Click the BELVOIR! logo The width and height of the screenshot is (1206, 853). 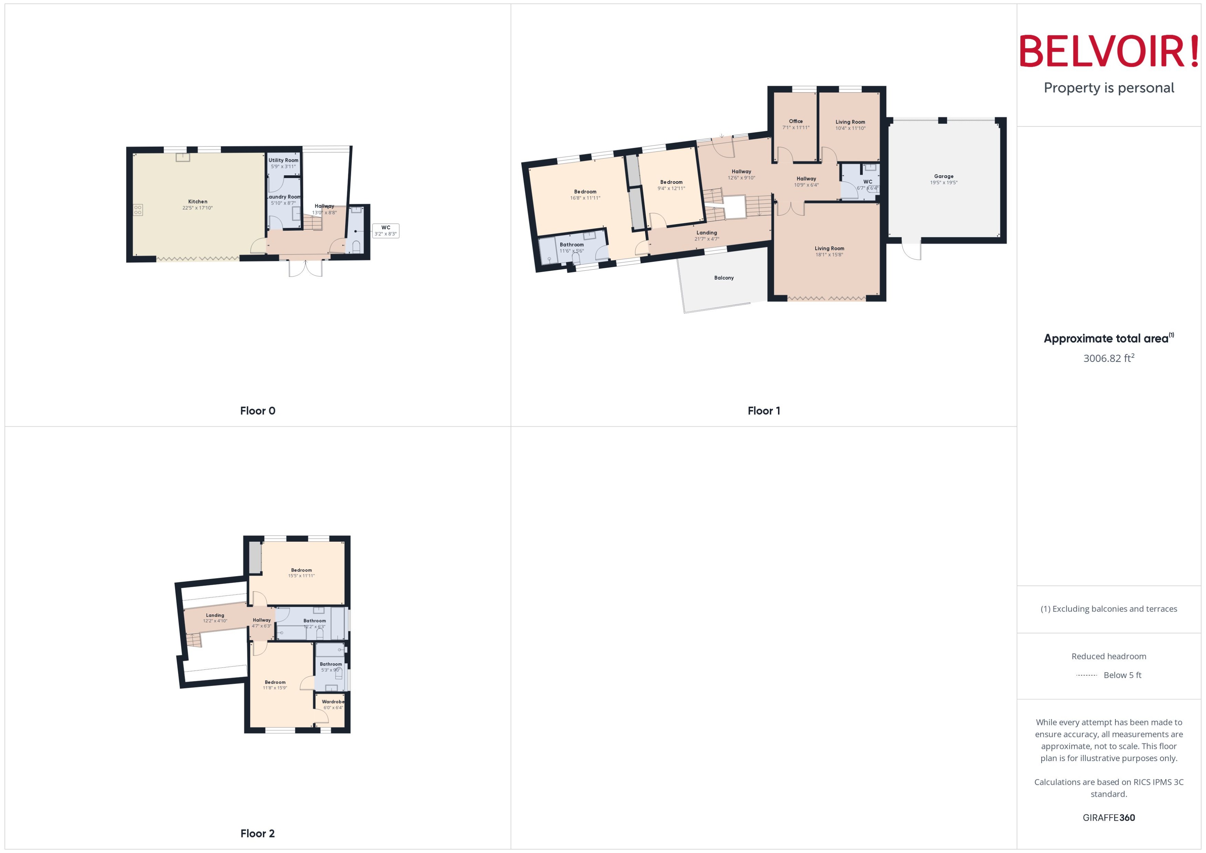point(1109,51)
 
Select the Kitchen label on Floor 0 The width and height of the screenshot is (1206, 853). point(197,202)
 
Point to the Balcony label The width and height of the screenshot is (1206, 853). point(724,278)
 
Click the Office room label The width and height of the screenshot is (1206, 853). point(796,121)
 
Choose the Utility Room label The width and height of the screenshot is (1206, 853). point(283,160)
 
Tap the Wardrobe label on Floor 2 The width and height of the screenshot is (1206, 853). point(333,702)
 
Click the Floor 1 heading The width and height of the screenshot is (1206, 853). point(764,411)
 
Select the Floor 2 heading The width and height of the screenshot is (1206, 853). point(257,834)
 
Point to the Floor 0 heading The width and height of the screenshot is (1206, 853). point(257,411)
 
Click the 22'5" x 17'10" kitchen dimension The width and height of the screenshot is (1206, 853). point(197,208)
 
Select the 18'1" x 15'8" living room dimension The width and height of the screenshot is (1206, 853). point(829,255)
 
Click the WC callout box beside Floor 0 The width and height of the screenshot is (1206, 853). point(386,231)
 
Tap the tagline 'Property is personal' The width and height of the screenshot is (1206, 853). point(1109,88)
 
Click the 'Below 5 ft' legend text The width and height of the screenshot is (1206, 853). point(1123,675)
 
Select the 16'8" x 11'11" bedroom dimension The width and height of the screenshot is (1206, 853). point(585,198)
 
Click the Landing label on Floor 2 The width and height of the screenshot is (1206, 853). point(215,615)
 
